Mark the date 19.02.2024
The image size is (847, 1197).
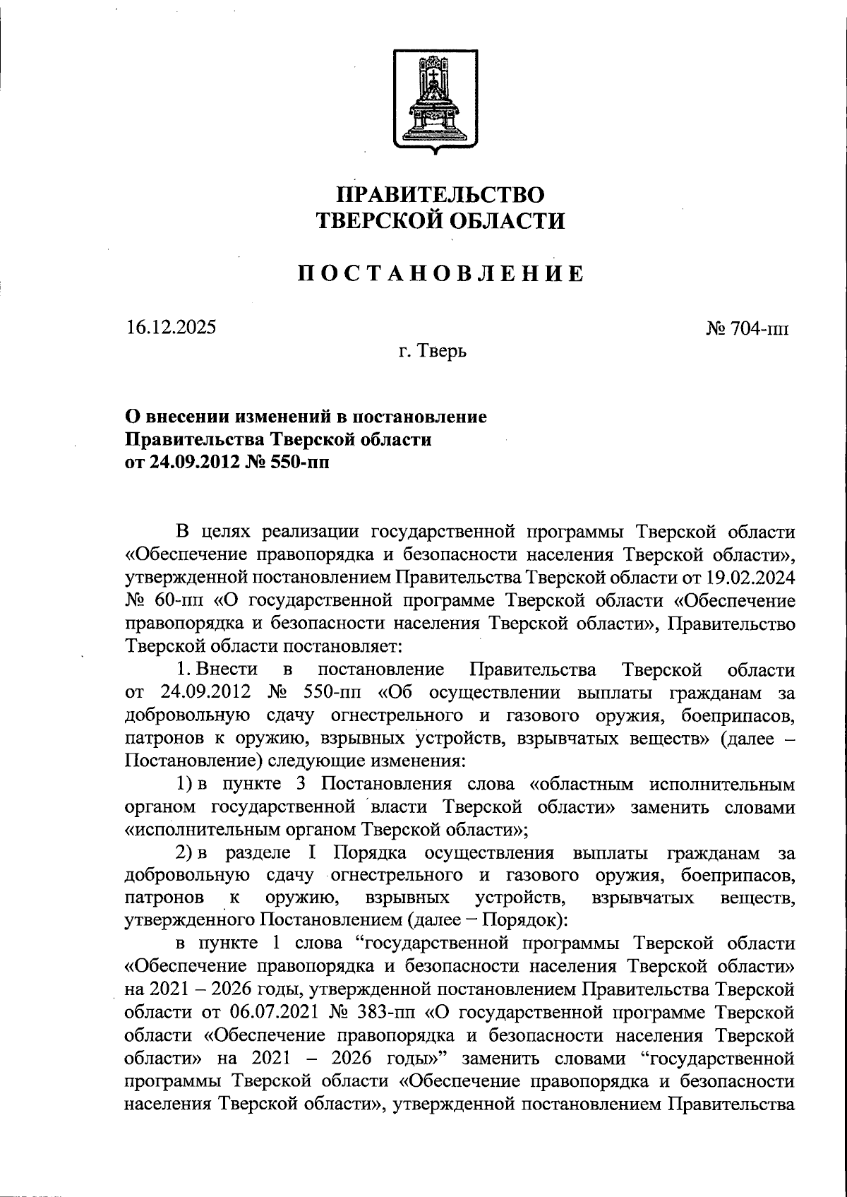point(750,578)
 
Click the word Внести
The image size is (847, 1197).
point(227,669)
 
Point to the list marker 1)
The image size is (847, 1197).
point(184,785)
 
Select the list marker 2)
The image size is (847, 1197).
point(184,853)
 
